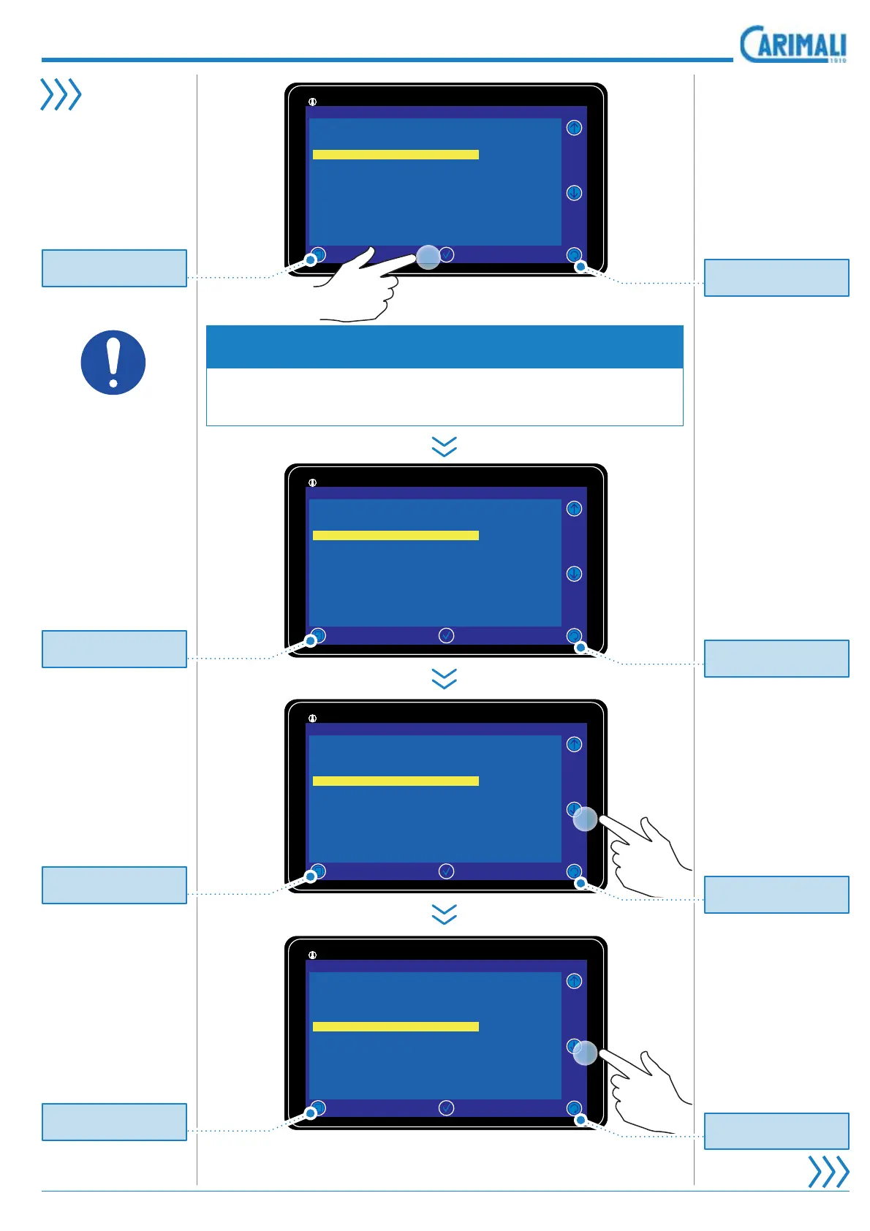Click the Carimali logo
793,45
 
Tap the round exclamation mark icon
113,363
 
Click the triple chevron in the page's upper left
60,94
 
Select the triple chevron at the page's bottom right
828,1171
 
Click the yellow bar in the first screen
396,154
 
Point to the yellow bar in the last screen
396,1026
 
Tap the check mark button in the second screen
446,636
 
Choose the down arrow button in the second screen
574,574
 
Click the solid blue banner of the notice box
445,346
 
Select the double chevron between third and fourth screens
445,914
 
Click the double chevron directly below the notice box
445,446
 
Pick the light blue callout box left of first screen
114,268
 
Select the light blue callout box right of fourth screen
776,1131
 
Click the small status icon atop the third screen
312,719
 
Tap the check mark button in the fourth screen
446,1108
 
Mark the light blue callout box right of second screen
776,659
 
